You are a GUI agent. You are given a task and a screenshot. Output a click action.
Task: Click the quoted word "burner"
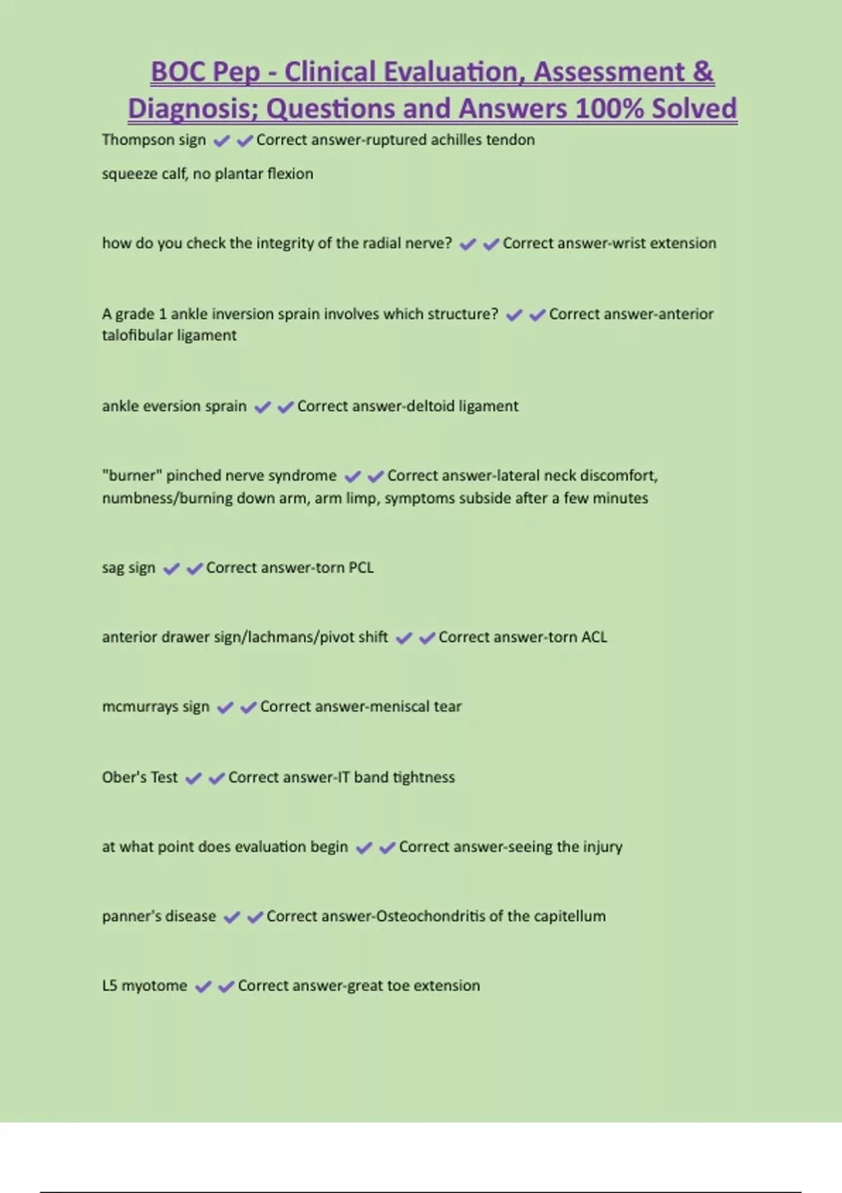131,475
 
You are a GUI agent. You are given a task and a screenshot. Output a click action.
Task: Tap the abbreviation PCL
361,567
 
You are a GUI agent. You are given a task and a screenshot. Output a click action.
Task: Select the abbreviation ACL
594,637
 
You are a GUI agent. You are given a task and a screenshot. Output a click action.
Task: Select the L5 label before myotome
109,985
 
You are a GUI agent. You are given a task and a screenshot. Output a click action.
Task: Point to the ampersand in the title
703,72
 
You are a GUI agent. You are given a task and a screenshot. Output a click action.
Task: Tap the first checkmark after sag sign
171,568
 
